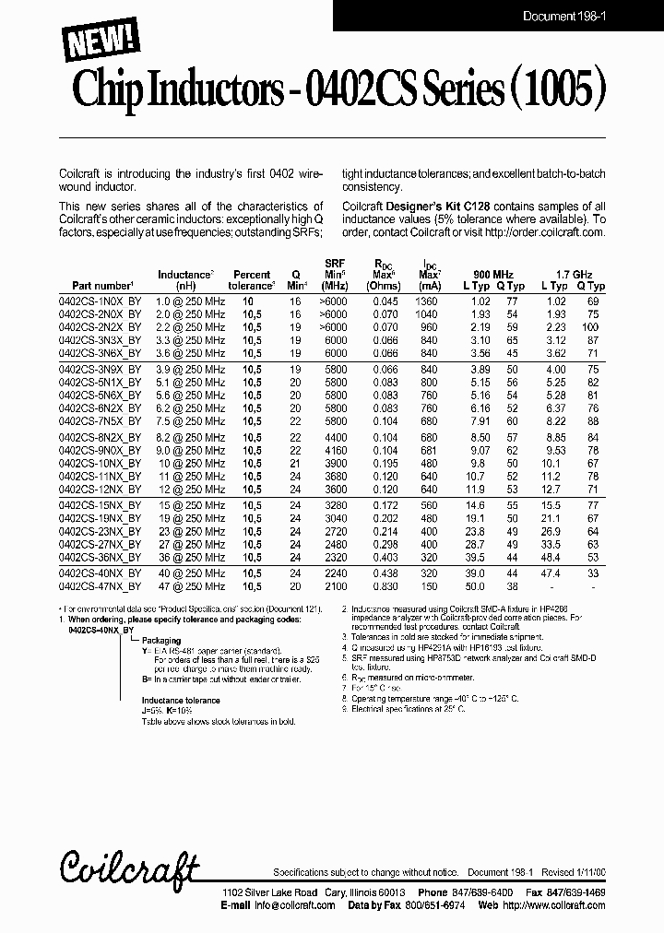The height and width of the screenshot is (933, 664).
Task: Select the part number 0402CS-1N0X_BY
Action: coord(101,301)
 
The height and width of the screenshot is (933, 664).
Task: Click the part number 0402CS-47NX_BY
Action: coord(101,585)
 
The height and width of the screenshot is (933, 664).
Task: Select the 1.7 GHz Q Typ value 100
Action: coord(590,327)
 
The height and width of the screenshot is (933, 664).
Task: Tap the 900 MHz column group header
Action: coord(493,274)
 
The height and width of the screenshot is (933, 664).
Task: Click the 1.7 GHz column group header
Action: coord(574,274)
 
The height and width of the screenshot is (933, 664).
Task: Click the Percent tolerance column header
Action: coord(251,280)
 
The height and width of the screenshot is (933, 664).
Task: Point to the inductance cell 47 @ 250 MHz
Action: coord(191,585)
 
